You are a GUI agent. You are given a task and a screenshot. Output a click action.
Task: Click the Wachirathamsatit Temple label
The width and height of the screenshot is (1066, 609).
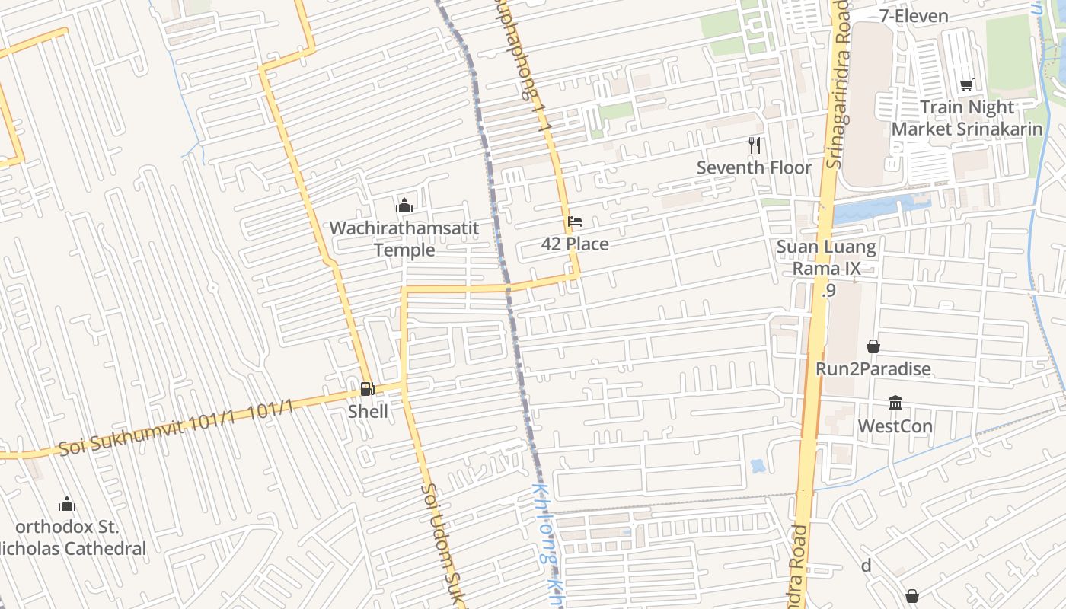[404, 239]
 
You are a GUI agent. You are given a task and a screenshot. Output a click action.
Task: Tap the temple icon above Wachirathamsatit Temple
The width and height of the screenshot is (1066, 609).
[404, 206]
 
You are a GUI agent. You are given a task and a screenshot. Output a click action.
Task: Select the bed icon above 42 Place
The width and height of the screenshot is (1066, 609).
[575, 222]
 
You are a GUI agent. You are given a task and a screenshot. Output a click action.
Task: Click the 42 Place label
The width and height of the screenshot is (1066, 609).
[575, 244]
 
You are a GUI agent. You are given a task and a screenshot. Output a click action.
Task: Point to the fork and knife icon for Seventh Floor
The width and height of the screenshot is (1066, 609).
[755, 145]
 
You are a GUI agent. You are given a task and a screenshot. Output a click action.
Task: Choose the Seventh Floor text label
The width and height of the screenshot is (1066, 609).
[754, 167]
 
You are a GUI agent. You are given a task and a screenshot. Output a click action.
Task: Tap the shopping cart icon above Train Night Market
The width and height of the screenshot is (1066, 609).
[966, 84]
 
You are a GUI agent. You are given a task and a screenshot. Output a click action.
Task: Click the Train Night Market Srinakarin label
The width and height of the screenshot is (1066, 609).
[967, 118]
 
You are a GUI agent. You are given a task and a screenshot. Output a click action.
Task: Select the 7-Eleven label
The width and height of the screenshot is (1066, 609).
[914, 16]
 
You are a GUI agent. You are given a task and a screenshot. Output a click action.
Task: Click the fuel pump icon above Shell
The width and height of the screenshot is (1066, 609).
[367, 389]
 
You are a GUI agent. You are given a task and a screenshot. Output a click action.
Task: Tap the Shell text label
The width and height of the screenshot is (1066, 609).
[368, 412]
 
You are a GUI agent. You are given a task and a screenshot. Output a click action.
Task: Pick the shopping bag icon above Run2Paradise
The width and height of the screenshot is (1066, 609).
[873, 346]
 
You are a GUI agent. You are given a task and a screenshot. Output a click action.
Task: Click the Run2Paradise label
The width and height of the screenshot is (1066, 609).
[873, 369]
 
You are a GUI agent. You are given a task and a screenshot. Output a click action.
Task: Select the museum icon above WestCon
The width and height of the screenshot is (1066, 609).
[895, 403]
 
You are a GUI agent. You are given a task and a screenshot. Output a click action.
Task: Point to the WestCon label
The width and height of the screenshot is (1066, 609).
[895, 426]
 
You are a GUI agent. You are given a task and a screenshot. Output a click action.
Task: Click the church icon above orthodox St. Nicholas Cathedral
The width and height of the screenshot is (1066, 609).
[67, 504]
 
